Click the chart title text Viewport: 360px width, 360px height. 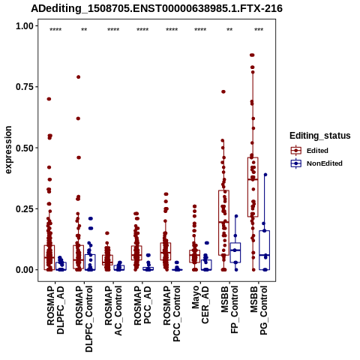[x=157, y=8]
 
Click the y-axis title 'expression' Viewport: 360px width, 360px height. [x=8, y=150]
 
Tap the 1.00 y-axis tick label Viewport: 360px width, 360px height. [x=24, y=25]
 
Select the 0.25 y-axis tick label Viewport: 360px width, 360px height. [x=24, y=208]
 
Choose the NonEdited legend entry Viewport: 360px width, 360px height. [x=316, y=163]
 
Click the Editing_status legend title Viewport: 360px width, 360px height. [x=320, y=136]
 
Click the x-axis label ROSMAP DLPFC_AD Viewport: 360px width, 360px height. [x=55, y=310]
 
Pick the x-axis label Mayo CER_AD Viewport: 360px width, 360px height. [x=200, y=304]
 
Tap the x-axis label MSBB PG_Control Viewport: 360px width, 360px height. [x=259, y=310]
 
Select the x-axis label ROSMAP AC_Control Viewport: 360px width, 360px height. [x=113, y=310]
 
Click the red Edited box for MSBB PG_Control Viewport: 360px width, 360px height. [x=253, y=187]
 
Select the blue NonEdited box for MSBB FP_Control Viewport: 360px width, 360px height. [x=235, y=253]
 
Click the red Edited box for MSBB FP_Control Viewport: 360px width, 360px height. [x=223, y=223]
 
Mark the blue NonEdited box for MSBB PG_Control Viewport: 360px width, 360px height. [x=265, y=250]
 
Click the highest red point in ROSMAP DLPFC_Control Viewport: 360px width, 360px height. [x=78, y=77]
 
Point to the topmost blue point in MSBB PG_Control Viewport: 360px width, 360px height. [x=265, y=175]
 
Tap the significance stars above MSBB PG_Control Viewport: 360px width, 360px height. [x=259, y=29]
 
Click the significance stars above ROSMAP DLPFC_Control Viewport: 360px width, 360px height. [x=84, y=29]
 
